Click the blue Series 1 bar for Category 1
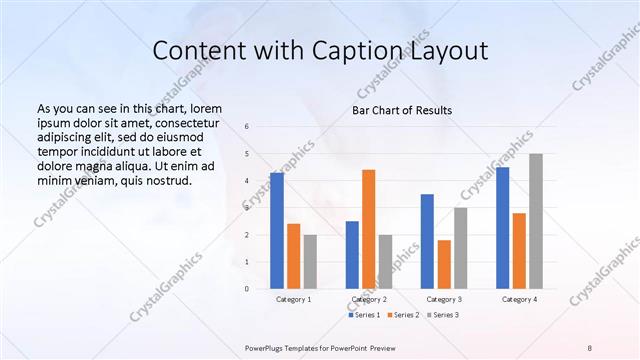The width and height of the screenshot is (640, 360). coord(277,231)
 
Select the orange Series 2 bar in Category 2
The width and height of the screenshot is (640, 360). coord(368,229)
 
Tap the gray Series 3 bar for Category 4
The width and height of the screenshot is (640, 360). coord(536,221)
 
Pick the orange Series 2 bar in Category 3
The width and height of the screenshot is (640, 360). coord(444,264)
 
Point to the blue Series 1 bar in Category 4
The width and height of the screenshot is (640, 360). coord(502,228)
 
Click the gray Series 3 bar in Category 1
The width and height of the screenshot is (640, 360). coord(310,262)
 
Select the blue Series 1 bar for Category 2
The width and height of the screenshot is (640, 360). coord(352,255)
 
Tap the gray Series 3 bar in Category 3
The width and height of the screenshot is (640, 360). coord(460,248)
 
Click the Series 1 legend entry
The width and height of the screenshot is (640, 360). coord(362,315)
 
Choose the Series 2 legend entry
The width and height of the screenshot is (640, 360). coord(402,315)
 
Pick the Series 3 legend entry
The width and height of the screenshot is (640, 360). coord(442,315)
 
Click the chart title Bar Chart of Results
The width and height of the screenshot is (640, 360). coord(402,110)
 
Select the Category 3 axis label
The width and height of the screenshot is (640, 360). coord(444,299)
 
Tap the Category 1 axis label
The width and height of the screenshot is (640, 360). coord(293,299)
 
